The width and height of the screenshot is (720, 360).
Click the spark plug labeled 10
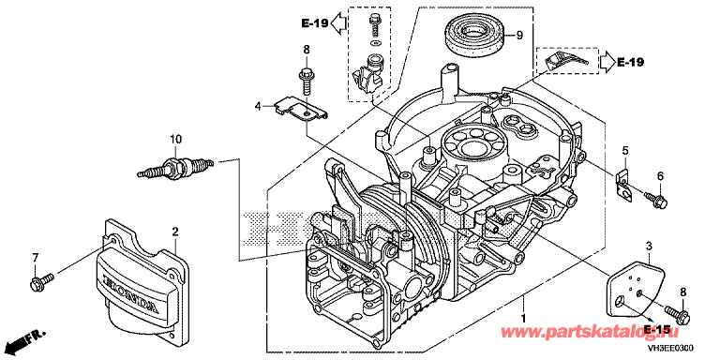[175, 168]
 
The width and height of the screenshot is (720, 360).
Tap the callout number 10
[176, 138]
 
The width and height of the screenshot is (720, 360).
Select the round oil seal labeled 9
[473, 37]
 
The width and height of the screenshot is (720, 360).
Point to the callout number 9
[519, 36]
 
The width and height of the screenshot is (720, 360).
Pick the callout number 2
[175, 232]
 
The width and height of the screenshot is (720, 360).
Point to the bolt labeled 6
[656, 200]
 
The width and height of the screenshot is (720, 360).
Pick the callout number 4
[259, 106]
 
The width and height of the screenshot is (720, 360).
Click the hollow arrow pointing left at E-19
[338, 22]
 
